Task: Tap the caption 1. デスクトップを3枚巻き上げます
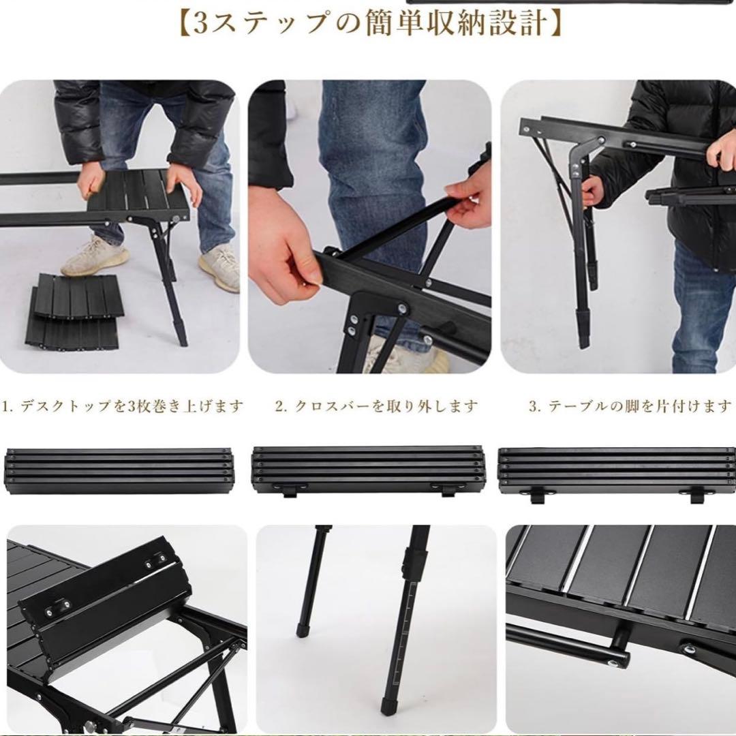tap(123, 407)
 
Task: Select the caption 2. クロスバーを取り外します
tap(376, 407)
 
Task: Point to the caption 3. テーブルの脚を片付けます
tap(630, 407)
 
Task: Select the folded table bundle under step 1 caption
tap(120, 471)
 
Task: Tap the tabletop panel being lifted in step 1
tap(136, 194)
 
